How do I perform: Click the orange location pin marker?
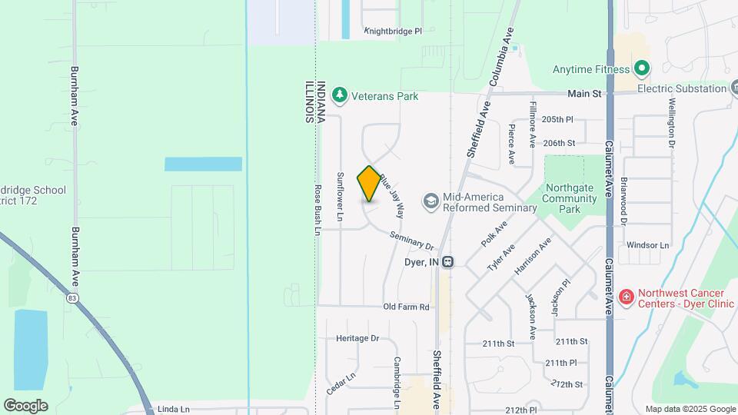pos(369,184)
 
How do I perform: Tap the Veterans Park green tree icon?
pos(340,96)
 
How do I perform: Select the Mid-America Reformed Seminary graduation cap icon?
pos(430,201)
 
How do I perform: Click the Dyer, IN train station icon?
pos(448,262)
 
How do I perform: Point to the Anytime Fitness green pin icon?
pos(642,69)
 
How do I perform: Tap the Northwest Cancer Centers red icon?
pos(627,297)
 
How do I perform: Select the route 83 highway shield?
pos(71,298)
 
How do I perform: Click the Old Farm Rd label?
pos(406,307)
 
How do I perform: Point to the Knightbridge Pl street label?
pos(393,32)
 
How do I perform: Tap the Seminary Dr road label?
pos(412,241)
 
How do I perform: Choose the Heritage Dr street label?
pos(357,338)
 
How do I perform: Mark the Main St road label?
pos(583,94)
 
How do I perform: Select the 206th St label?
pos(559,143)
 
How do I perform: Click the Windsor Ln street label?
pos(648,245)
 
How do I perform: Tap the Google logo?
pos(25,405)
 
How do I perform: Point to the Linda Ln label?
pos(173,409)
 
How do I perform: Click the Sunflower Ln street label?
pos(339,198)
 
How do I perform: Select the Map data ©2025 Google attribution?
pos(690,409)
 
